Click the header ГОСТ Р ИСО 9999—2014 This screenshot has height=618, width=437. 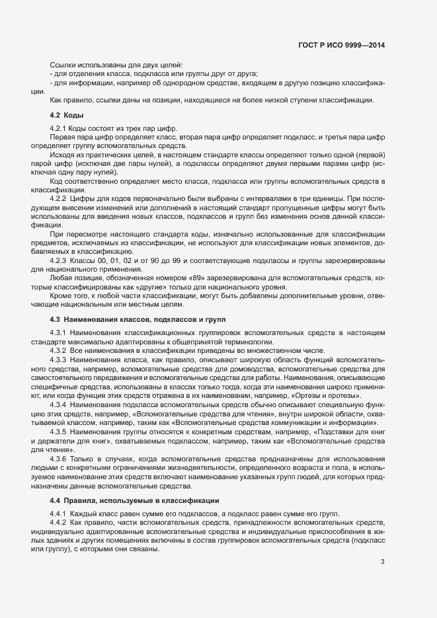[x=341, y=45]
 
